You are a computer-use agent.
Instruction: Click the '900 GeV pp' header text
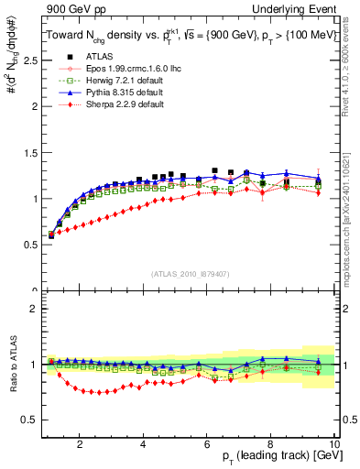68,8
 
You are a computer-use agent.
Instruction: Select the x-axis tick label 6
207,445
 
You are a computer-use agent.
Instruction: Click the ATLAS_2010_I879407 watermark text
189,273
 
